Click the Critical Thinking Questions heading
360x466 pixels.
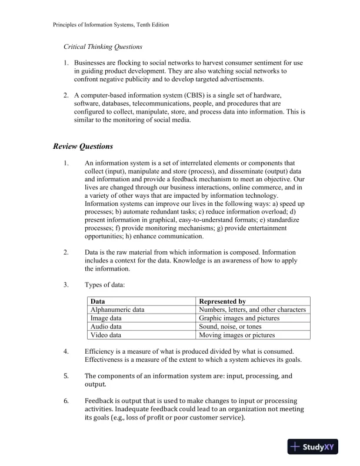click(x=103, y=46)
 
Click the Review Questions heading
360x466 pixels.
click(x=83, y=146)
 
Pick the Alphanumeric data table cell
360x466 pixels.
click(x=117, y=309)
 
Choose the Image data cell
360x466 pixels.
click(x=106, y=318)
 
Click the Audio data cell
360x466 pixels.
click(x=106, y=327)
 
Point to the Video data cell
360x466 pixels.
click(x=106, y=335)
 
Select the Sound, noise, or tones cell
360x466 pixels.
click(x=231, y=327)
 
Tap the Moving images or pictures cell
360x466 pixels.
click(x=237, y=335)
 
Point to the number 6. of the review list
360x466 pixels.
click(x=66, y=401)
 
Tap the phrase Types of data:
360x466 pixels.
click(x=105, y=285)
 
